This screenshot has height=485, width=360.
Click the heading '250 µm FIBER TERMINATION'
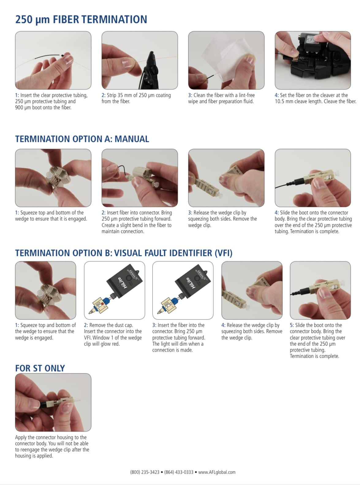(x=81, y=20)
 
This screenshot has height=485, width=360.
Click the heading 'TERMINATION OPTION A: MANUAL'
(x=82, y=139)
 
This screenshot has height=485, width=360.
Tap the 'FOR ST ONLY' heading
(x=40, y=368)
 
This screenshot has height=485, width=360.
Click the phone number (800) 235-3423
(x=145, y=472)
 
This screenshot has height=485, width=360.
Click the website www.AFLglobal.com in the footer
(x=217, y=472)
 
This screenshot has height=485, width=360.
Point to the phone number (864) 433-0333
(x=179, y=472)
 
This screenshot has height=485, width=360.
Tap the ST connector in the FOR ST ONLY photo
(x=57, y=403)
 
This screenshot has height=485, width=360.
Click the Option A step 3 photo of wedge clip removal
(x=226, y=178)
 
